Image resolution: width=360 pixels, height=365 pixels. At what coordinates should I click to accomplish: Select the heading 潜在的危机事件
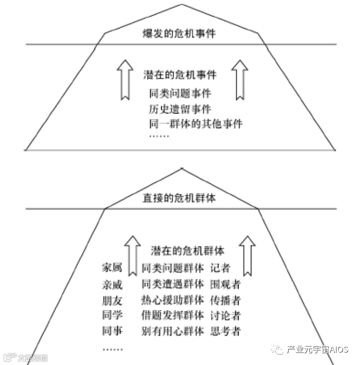[180, 75]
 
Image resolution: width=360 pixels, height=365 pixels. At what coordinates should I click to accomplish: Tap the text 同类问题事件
[180, 93]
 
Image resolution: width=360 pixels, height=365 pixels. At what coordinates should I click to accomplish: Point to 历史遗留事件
[180, 109]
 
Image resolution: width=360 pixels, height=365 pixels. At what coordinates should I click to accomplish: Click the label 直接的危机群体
[179, 198]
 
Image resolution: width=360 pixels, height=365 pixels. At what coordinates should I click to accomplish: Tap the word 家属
[112, 268]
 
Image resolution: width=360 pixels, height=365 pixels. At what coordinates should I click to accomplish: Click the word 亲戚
[112, 284]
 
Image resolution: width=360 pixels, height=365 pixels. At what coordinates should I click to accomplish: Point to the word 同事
[112, 330]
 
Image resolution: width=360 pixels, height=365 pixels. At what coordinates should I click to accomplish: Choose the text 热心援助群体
[173, 300]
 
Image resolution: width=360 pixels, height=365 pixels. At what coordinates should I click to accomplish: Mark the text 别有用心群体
[173, 330]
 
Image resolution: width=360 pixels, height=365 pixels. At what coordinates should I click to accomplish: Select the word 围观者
[225, 284]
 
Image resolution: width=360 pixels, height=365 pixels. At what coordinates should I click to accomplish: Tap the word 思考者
[225, 330]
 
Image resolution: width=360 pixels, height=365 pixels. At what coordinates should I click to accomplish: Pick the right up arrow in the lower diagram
[247, 256]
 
